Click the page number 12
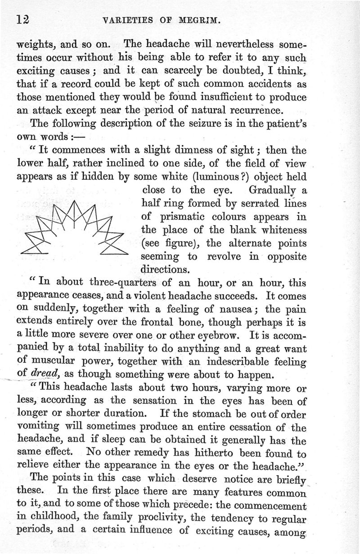click(22, 20)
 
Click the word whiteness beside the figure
click(278, 230)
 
